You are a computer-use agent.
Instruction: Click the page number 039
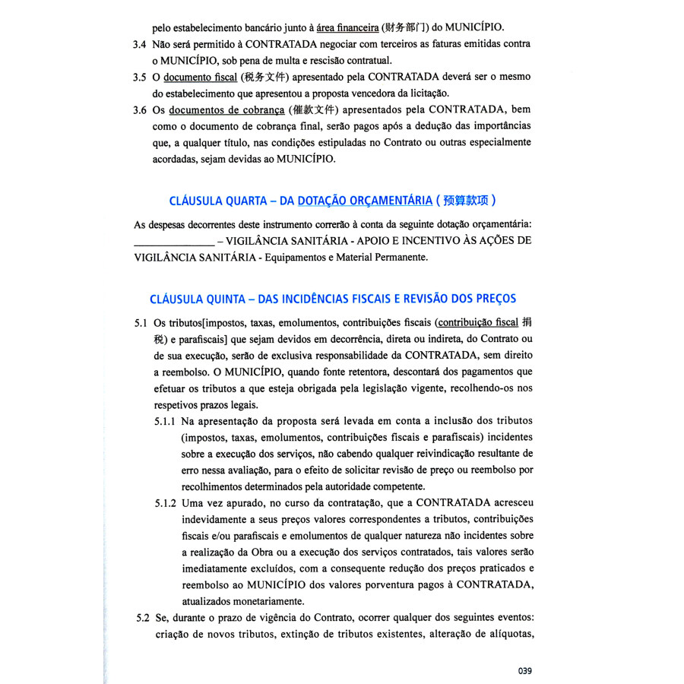tap(524, 670)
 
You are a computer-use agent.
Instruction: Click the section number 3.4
tap(140, 44)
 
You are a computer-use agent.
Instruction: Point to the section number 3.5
tap(140, 77)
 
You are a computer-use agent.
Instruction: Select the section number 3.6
tap(140, 109)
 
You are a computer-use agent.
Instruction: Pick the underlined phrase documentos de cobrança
tap(225, 109)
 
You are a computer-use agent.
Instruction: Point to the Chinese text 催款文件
tap(316, 109)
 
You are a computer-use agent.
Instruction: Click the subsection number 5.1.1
tap(166, 420)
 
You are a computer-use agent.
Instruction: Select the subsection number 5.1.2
tap(166, 502)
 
